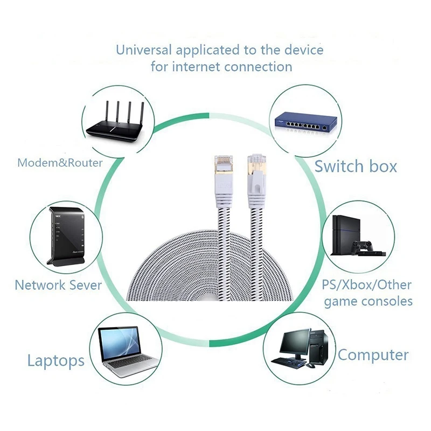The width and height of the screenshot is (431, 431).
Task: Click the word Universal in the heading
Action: point(144,51)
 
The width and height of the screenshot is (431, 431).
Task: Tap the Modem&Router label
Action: point(60,163)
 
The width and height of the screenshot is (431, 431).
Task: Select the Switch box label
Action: point(356,166)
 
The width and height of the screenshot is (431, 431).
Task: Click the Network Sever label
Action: point(58,285)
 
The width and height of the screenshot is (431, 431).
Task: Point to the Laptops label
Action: point(56,360)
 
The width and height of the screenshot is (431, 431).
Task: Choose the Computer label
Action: point(373,355)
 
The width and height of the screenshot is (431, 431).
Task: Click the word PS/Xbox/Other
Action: point(366,284)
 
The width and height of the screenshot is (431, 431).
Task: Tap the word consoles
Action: point(386,301)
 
